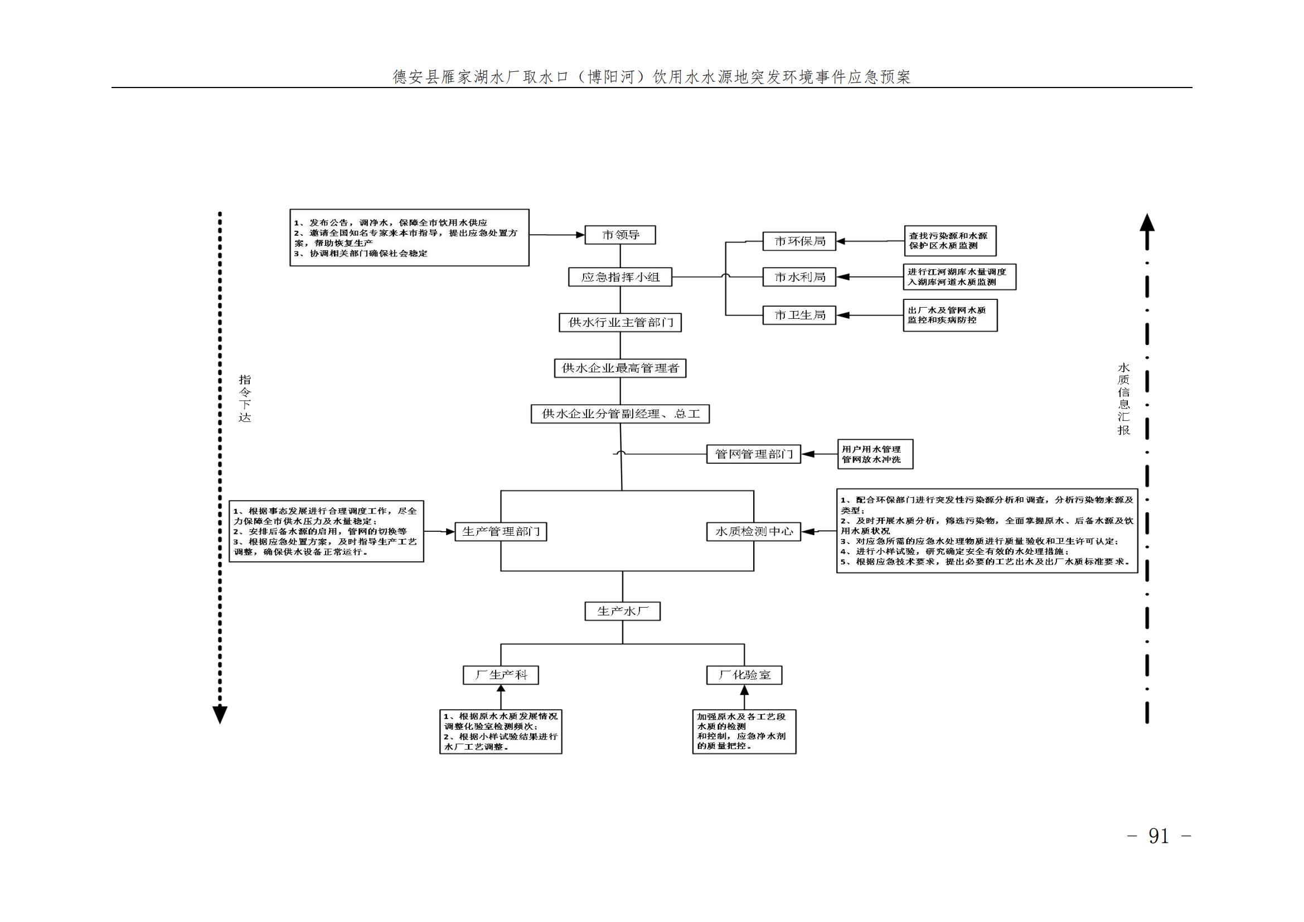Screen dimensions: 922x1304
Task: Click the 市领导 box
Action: pos(620,235)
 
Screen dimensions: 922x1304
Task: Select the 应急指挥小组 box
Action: pos(620,277)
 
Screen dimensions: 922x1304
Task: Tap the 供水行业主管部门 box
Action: pos(620,322)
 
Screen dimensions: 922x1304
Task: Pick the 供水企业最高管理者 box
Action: pos(620,368)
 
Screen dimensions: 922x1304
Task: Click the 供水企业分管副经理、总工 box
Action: pos(620,414)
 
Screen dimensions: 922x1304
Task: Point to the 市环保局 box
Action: pos(799,241)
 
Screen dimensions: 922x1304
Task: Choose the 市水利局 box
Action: pos(799,277)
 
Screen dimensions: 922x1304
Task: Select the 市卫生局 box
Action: pos(799,315)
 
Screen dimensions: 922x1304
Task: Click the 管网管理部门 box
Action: pos(754,454)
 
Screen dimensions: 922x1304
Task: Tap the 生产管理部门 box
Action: pos(501,531)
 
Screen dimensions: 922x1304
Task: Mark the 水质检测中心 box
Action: pos(754,531)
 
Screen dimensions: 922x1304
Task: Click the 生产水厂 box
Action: pos(623,612)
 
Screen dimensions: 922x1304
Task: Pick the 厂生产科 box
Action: pos(501,675)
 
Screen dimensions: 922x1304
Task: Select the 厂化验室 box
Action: pos(744,675)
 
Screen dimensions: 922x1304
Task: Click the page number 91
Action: pos(1158,836)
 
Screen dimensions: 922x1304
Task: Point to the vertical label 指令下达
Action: pos(245,399)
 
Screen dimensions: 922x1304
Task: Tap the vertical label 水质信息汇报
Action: pos(1123,399)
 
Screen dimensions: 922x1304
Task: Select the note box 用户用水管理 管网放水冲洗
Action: pos(875,454)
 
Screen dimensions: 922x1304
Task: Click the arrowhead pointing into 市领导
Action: pos(580,235)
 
